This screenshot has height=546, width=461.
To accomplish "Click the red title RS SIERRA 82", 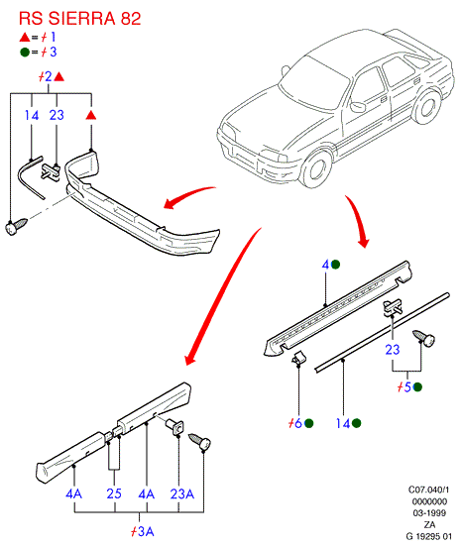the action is (x=79, y=18).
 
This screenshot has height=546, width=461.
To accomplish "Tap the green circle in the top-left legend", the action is (x=25, y=53).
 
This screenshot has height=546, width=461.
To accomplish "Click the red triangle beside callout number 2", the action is (x=59, y=76).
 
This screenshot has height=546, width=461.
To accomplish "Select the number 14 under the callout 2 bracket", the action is (x=32, y=115).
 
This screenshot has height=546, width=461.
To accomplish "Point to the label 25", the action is (x=114, y=493).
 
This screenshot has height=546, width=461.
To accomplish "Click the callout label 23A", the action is (x=182, y=493).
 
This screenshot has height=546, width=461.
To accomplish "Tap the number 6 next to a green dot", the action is (x=298, y=423).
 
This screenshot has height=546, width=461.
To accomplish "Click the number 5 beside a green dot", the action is (x=407, y=386).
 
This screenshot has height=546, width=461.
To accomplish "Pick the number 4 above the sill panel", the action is (x=325, y=265).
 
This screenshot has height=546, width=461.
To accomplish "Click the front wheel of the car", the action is (x=316, y=169).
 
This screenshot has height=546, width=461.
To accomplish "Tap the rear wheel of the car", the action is (x=427, y=107).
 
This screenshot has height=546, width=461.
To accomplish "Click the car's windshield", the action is (x=314, y=83).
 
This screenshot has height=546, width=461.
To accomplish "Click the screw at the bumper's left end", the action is (x=16, y=226).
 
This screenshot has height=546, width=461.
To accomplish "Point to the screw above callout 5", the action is (x=423, y=339).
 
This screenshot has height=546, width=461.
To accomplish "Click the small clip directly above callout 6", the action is (x=299, y=358).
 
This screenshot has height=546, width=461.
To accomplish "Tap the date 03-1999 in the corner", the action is (x=429, y=513).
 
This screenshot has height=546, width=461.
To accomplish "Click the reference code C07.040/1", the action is (x=429, y=490).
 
